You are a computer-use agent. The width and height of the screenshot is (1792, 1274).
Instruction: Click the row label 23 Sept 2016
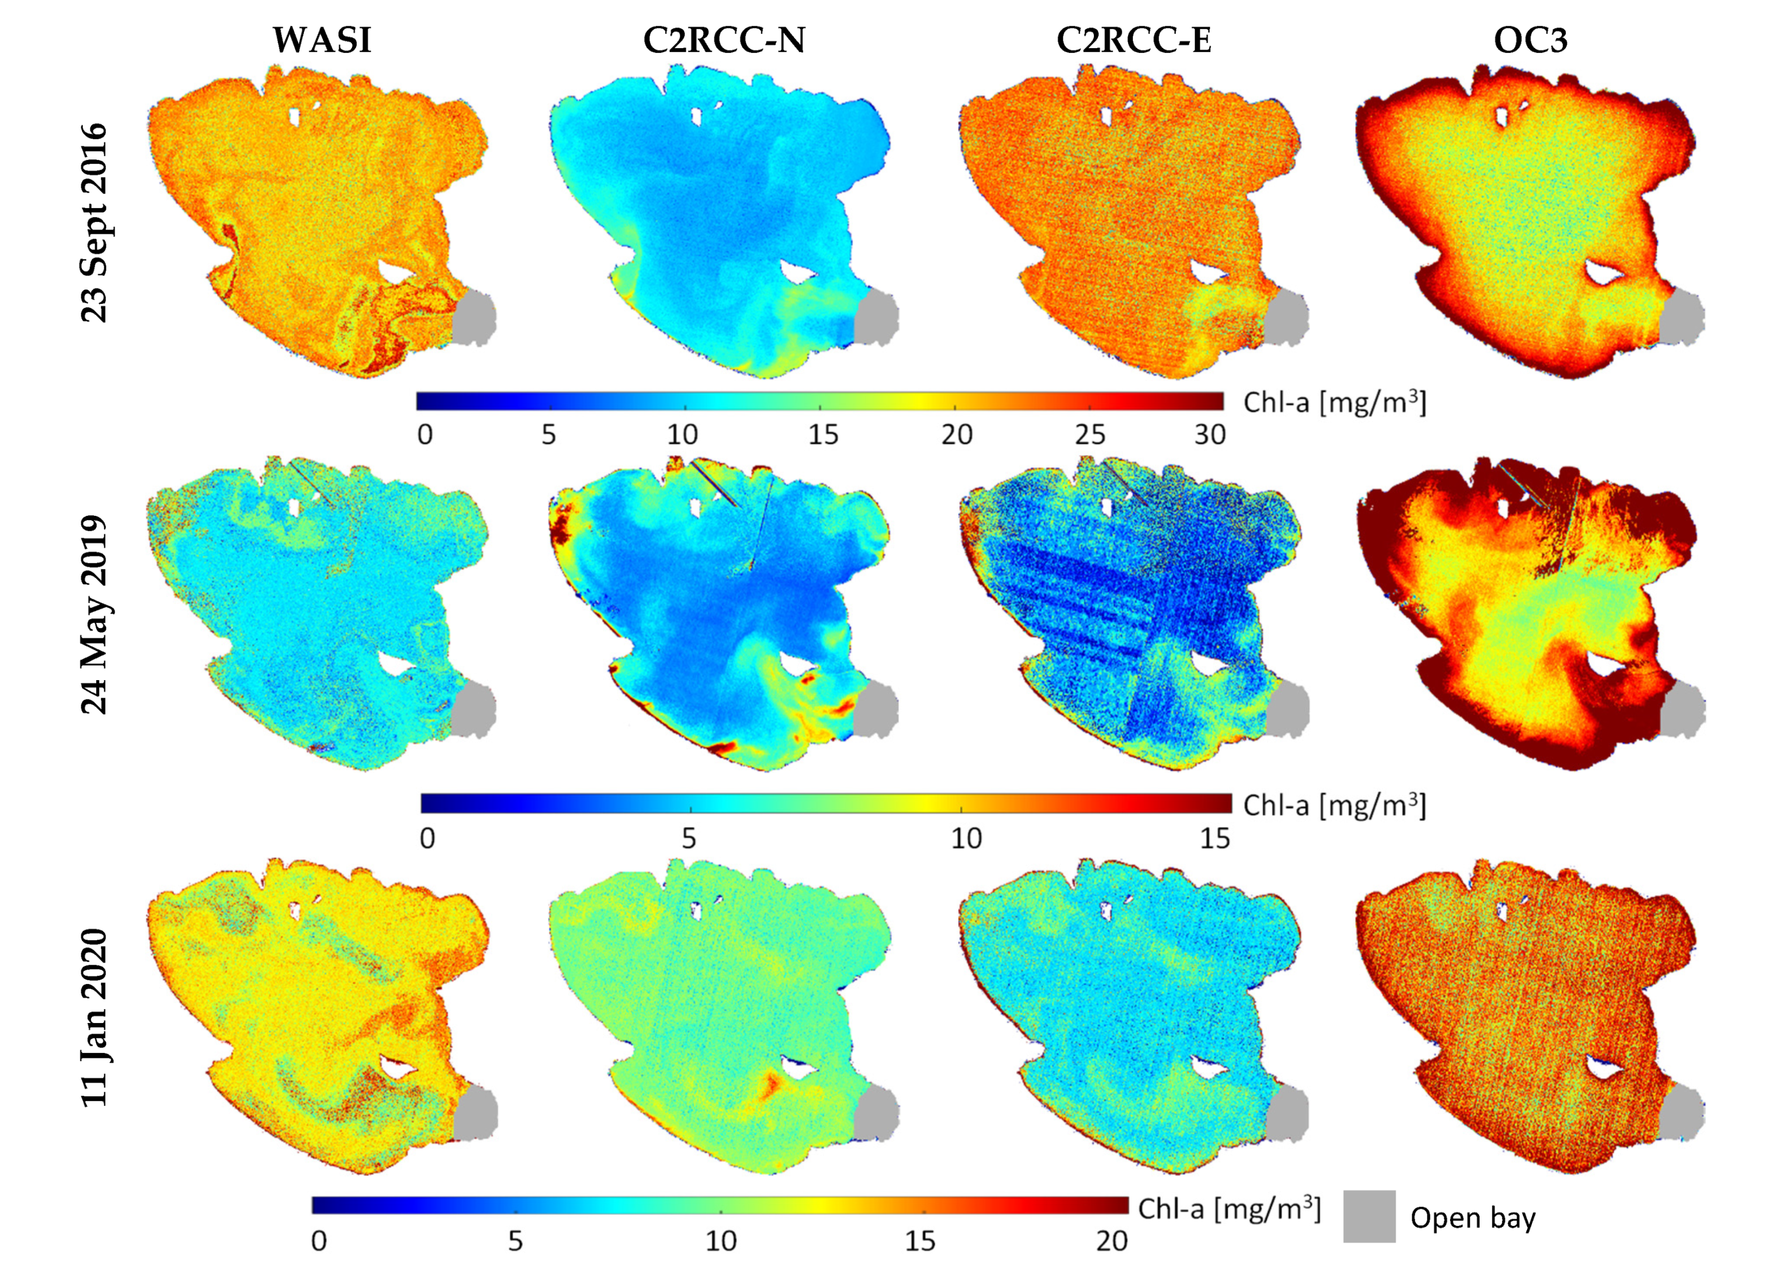pos(95,222)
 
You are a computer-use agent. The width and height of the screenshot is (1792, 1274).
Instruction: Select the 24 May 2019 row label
pos(95,614)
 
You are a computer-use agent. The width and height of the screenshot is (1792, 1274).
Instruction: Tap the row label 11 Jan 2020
pos(95,1018)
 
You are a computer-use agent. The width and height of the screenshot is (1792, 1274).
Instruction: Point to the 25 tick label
pos(1089,434)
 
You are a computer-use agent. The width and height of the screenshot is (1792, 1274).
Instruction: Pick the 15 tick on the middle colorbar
pos(1214,838)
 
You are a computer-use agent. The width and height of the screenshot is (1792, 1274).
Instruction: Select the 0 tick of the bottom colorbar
pos(318,1240)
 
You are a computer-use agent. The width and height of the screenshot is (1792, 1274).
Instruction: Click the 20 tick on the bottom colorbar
pos(1111,1240)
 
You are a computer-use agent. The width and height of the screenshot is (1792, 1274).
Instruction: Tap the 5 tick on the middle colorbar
pos(688,838)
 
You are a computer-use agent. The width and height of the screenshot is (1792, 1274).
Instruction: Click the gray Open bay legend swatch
pos(1368,1217)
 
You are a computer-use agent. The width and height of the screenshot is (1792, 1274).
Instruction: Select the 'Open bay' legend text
pos(1473,1217)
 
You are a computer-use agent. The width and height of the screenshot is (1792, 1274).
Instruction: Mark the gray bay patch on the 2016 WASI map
pos(474,318)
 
